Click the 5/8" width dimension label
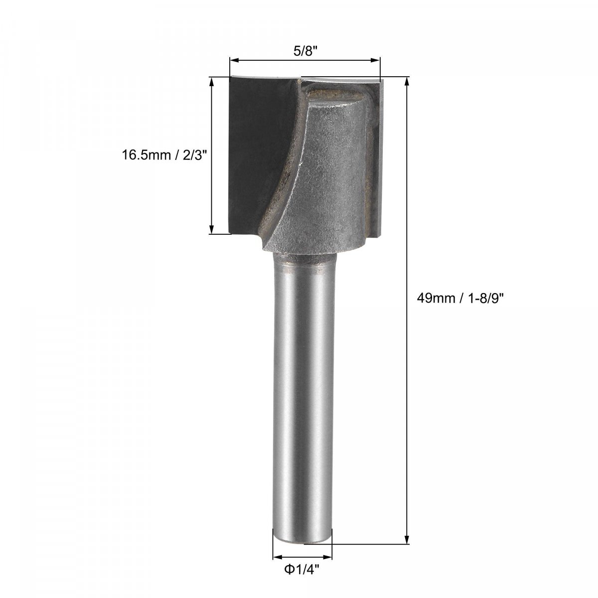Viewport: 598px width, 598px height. (305, 51)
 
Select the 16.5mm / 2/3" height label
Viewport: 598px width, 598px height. (164, 154)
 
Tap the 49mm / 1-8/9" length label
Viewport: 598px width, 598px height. (459, 299)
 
